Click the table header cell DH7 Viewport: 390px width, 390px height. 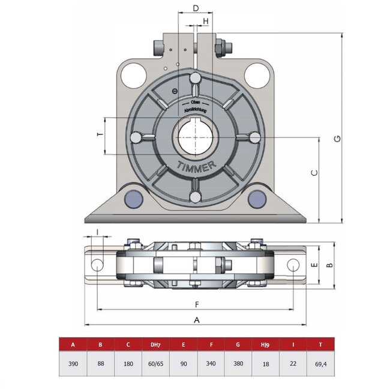pos(154,345)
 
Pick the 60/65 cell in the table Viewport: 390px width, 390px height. pos(154,364)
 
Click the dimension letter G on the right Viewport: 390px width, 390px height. pos(338,139)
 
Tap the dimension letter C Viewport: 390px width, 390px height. pos(314,173)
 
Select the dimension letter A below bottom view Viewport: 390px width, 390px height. pos(196,320)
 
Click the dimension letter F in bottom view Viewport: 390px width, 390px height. pos(196,304)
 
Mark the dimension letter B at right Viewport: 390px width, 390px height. pos(328,265)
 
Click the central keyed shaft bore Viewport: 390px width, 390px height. pos(195,137)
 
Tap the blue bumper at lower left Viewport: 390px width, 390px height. pos(133,197)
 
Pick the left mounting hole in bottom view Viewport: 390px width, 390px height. pos(97,265)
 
